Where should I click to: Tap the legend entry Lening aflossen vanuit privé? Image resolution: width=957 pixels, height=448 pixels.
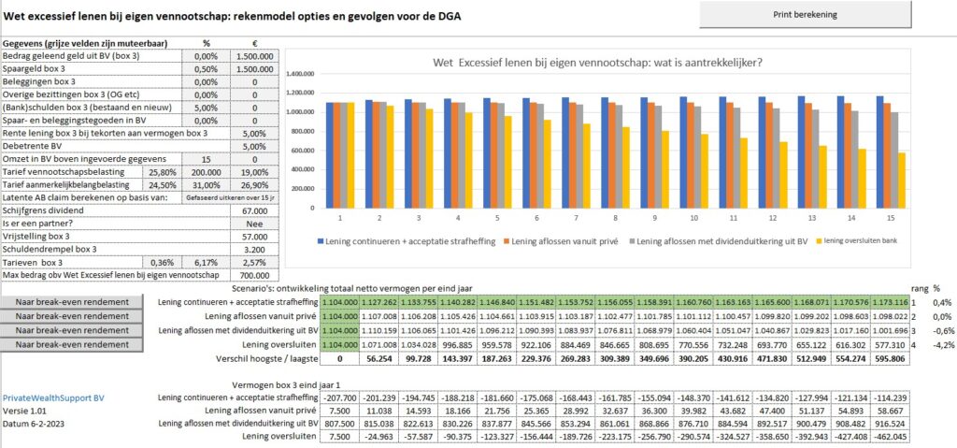tap(546, 241)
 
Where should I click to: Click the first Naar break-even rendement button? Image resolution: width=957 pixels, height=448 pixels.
tap(72, 302)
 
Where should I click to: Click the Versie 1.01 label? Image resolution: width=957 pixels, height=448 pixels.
tap(23, 412)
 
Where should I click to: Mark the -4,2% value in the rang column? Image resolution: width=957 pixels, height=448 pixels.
tap(937, 344)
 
